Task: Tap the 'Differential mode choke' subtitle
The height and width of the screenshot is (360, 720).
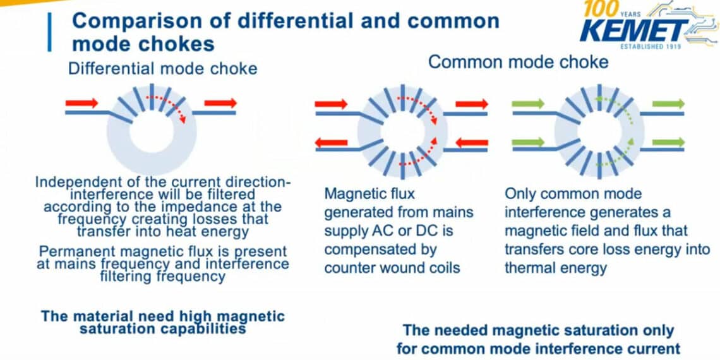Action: pyautogui.click(x=163, y=68)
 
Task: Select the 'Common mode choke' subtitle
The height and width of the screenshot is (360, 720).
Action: pyautogui.click(x=519, y=62)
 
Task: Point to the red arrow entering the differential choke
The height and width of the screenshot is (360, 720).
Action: pyautogui.click(x=82, y=102)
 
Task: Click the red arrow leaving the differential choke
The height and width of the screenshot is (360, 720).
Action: pyautogui.click(x=220, y=102)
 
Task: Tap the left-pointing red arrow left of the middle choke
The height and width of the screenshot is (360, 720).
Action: pyautogui.click(x=332, y=143)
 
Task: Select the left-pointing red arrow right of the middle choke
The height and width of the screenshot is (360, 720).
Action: pyautogui.click(x=471, y=143)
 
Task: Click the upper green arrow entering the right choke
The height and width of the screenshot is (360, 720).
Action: pyautogui.click(x=528, y=104)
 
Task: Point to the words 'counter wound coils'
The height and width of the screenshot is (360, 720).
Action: pyautogui.click(x=392, y=267)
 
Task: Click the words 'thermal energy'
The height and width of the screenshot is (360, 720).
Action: pyautogui.click(x=556, y=267)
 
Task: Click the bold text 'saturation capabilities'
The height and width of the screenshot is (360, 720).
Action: pyautogui.click(x=163, y=328)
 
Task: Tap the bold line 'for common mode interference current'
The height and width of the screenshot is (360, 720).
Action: pyautogui.click(x=538, y=348)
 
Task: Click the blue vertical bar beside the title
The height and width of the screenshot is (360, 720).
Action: pyautogui.click(x=49, y=32)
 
